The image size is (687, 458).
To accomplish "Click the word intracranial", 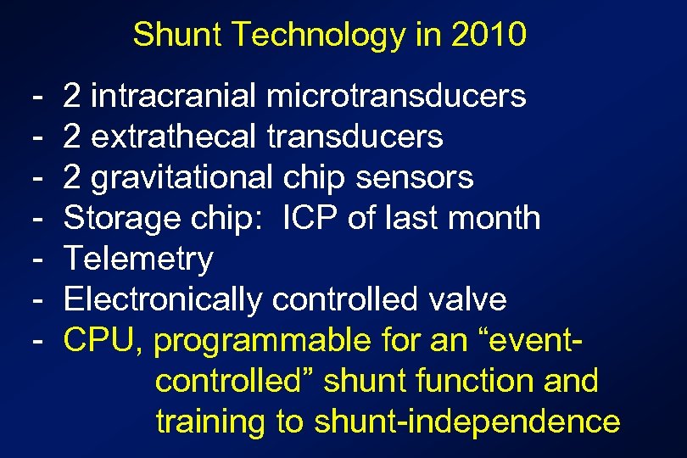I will (x=173, y=97).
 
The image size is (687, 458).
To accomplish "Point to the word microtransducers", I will (x=396, y=97).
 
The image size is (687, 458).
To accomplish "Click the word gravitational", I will (x=182, y=177).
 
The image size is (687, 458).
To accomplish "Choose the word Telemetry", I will (x=138, y=259).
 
